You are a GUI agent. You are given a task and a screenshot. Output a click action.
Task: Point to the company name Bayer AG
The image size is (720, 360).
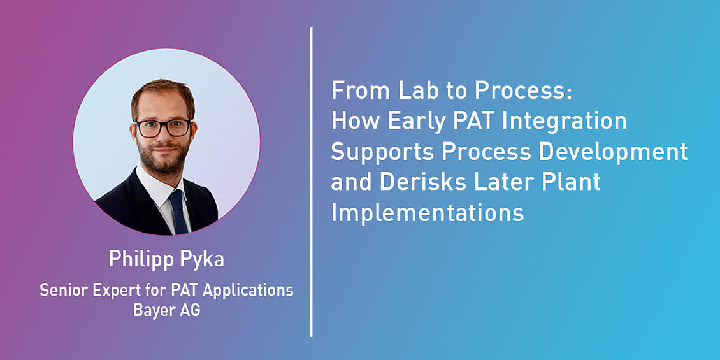coord(167,310)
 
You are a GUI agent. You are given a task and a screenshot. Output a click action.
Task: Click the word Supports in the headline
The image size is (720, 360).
coord(382,153)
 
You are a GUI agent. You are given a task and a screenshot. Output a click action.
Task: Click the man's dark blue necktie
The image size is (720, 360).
coord(178,212)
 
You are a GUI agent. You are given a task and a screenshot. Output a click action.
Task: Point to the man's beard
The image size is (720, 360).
coord(164,157)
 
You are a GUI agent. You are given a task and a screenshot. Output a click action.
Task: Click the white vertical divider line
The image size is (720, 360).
coord(312,182)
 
